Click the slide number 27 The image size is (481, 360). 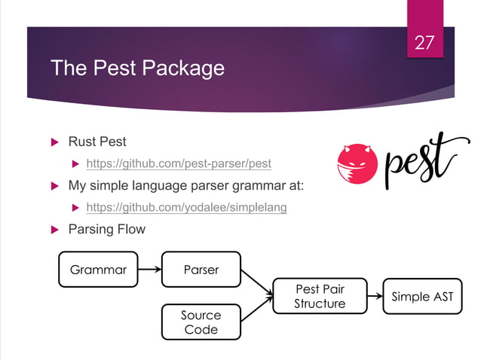(x=425, y=43)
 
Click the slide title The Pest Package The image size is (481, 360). (x=136, y=69)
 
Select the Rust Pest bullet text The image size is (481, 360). (x=97, y=141)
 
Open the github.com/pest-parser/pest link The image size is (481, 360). (x=179, y=163)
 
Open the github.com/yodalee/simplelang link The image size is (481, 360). (x=186, y=207)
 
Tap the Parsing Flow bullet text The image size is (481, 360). (x=106, y=229)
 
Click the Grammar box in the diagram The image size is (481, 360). (x=98, y=269)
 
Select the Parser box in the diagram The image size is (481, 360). (x=201, y=269)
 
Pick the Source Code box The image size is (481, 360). (x=201, y=322)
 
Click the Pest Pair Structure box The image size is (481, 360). (x=320, y=296)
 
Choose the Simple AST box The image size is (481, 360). (x=422, y=296)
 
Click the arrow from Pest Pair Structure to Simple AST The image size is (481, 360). (x=373, y=296)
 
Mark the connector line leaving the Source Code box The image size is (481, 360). (x=256, y=311)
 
